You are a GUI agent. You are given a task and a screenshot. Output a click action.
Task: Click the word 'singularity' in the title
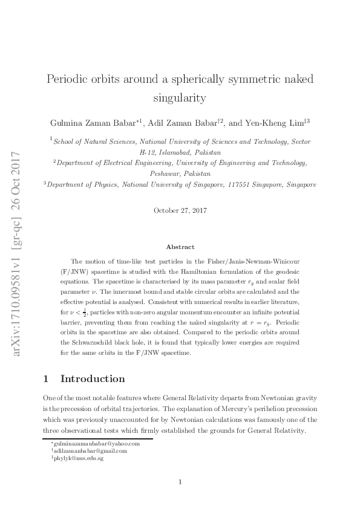coord(180,97)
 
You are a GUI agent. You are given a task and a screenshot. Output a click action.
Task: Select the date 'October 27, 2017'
coord(180,210)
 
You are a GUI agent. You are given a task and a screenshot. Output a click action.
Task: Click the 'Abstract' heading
coord(180,247)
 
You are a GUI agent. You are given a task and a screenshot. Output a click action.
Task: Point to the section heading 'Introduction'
coord(93,379)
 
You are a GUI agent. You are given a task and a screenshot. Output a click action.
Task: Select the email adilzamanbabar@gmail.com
coord(91,451)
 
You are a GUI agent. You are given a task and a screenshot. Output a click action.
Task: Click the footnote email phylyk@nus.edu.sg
coord(78,459)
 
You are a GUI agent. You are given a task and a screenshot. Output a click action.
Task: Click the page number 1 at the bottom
coord(180,482)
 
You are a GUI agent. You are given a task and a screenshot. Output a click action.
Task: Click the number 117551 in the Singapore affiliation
coord(236,184)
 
